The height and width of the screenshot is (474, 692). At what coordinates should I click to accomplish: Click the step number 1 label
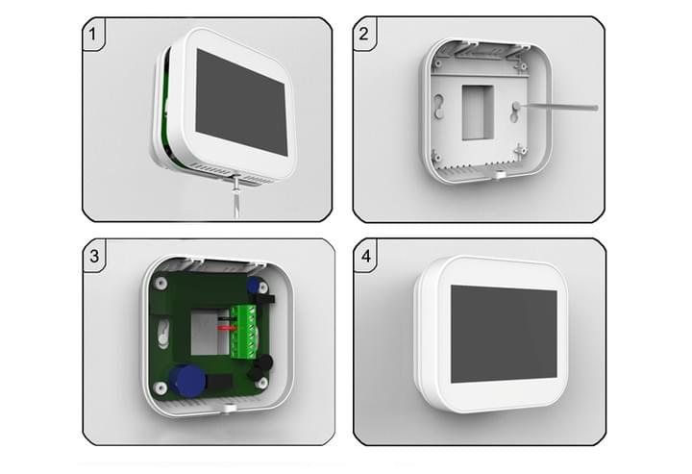click(92, 34)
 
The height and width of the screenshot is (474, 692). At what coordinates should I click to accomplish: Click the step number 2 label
click(363, 34)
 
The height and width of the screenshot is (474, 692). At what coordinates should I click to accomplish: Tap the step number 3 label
click(94, 256)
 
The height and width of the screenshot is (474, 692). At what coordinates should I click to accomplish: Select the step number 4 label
click(366, 256)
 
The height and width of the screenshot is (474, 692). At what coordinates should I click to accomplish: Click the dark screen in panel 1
click(241, 102)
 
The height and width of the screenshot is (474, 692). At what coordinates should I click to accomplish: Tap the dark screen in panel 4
click(504, 334)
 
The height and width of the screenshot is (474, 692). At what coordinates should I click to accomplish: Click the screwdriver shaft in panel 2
click(558, 107)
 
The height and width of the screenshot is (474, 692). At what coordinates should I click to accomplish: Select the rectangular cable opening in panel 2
click(478, 112)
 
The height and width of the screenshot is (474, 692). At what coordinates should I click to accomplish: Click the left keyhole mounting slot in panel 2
click(438, 106)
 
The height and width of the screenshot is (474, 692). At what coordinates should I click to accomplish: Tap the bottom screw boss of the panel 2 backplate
click(498, 174)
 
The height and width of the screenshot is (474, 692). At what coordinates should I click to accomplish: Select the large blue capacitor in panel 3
click(187, 380)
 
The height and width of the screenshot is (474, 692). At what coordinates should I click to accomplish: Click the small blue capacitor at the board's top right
click(253, 284)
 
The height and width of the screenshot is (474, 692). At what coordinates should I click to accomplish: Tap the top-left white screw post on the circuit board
click(161, 283)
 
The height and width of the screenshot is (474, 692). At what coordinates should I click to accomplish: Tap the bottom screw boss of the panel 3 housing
click(229, 408)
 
